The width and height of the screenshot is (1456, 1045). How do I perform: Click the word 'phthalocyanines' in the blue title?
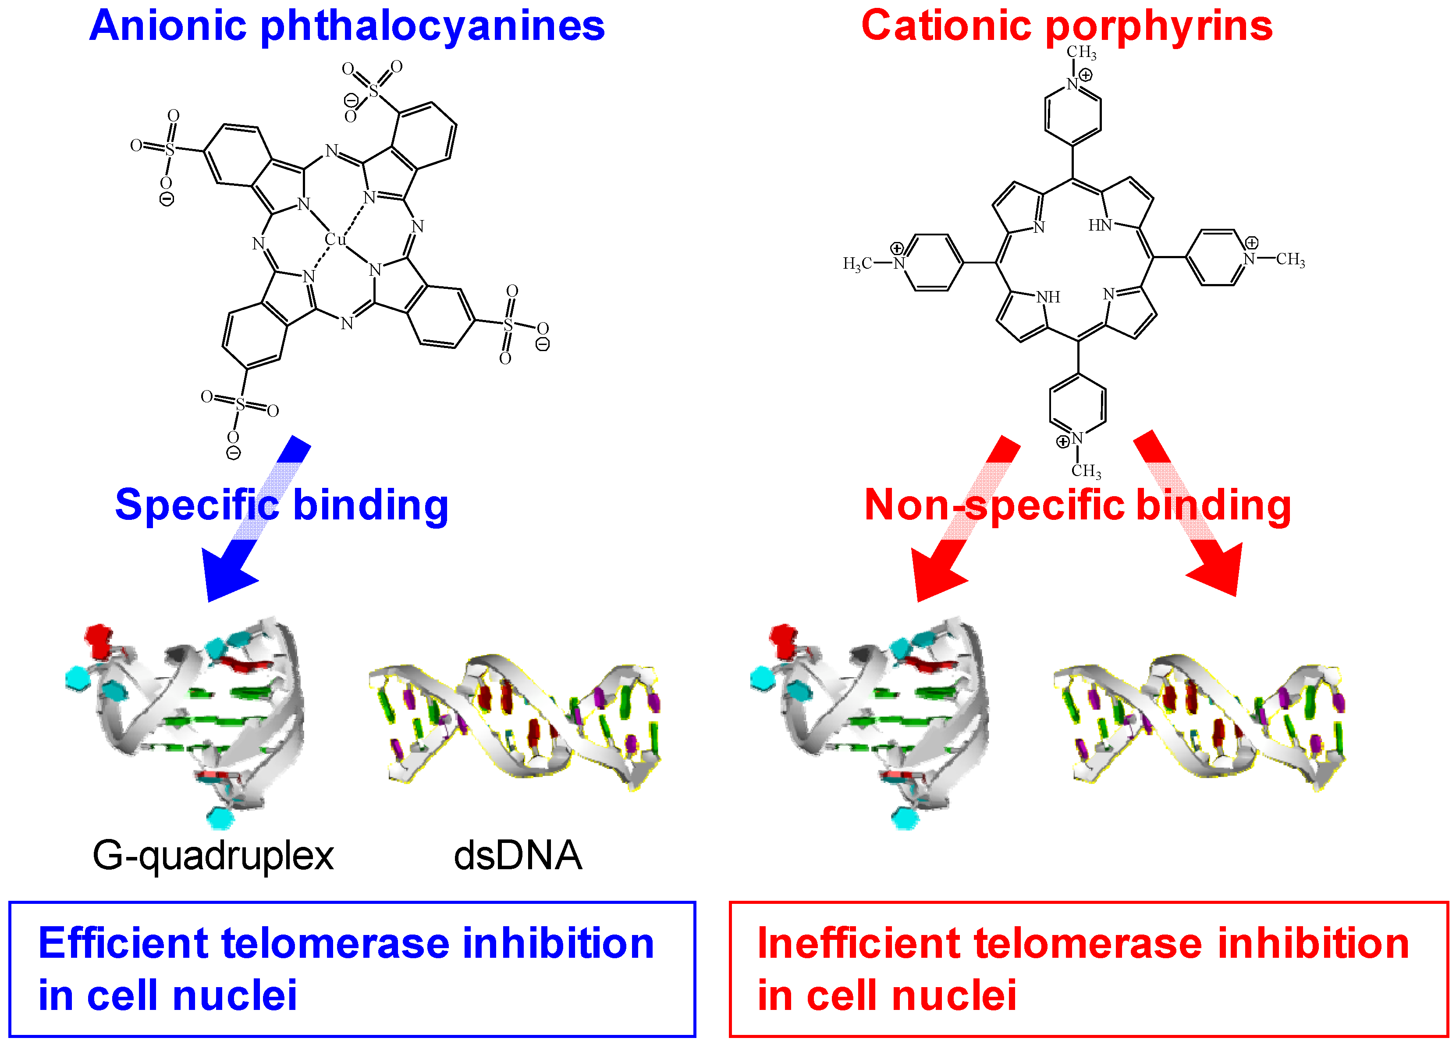click(432, 27)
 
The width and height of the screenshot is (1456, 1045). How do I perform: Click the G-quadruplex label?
click(213, 856)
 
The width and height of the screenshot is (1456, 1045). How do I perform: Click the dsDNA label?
click(518, 856)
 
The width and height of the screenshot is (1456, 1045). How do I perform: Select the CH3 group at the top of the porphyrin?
click(1081, 53)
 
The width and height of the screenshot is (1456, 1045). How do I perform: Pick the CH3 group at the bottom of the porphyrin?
click(1086, 472)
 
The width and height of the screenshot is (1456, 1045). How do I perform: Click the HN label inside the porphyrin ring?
click(1100, 225)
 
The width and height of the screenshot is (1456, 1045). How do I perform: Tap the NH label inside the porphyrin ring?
click(1048, 297)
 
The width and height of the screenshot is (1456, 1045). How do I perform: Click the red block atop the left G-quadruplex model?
click(99, 639)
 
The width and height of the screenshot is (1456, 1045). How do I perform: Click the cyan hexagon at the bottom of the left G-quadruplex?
click(220, 818)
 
